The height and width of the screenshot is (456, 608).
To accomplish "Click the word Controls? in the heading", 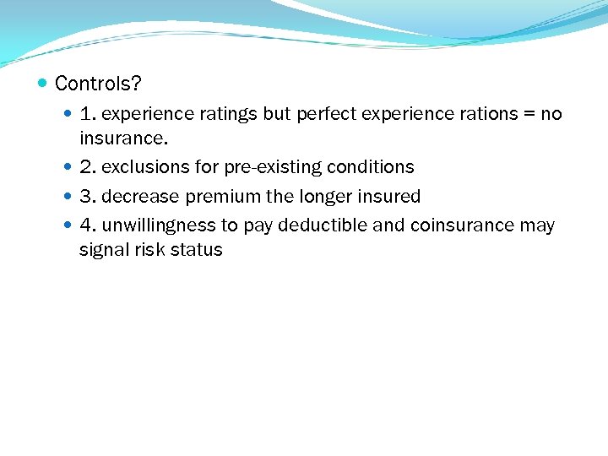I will (98, 84).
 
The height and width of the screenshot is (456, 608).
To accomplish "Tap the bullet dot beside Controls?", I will (43, 84).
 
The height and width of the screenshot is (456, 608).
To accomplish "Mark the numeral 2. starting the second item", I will (88, 167).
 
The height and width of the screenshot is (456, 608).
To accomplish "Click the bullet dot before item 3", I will (68, 197).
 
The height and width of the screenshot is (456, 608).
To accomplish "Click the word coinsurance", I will (461, 225).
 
